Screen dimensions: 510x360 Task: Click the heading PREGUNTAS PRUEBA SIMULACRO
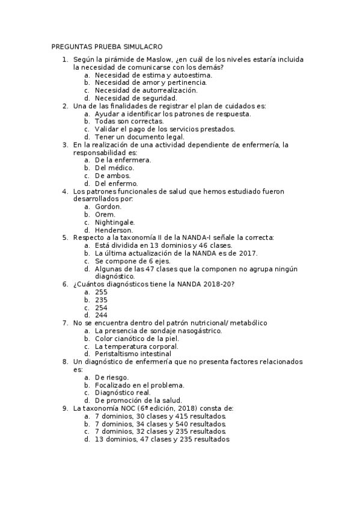[x=107, y=47]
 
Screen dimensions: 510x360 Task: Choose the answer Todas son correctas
[x=129, y=121]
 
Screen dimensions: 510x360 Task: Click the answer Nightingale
[x=115, y=222]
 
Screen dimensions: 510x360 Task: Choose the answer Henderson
[x=114, y=230]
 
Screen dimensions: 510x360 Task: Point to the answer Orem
[x=105, y=214]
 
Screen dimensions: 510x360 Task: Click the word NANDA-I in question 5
[x=188, y=238]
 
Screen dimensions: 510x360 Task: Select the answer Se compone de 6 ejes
[x=133, y=261]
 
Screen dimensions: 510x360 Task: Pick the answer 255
[x=102, y=292]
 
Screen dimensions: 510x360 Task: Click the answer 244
[x=102, y=315]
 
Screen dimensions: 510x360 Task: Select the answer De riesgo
[x=112, y=377]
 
